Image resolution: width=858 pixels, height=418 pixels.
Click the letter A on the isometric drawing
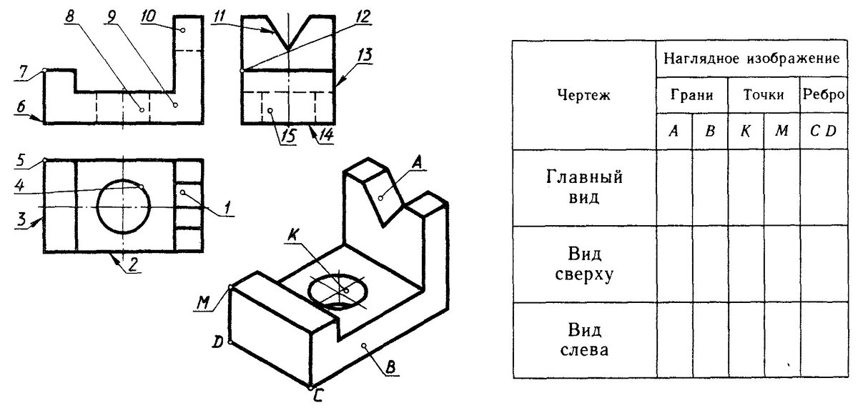pyautogui.click(x=419, y=164)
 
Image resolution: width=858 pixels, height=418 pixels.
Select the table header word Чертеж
pyautogui.click(x=583, y=96)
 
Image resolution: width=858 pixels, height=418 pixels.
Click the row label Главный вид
pyautogui.click(x=583, y=187)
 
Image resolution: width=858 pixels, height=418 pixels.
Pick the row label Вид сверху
pyautogui.click(x=583, y=264)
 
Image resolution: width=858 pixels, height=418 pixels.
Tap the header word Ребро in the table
pyautogui.click(x=823, y=94)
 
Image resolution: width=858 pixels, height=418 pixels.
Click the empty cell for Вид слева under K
pyautogui.click(x=745, y=340)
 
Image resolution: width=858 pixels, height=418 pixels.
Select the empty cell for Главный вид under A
pyautogui.click(x=674, y=187)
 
